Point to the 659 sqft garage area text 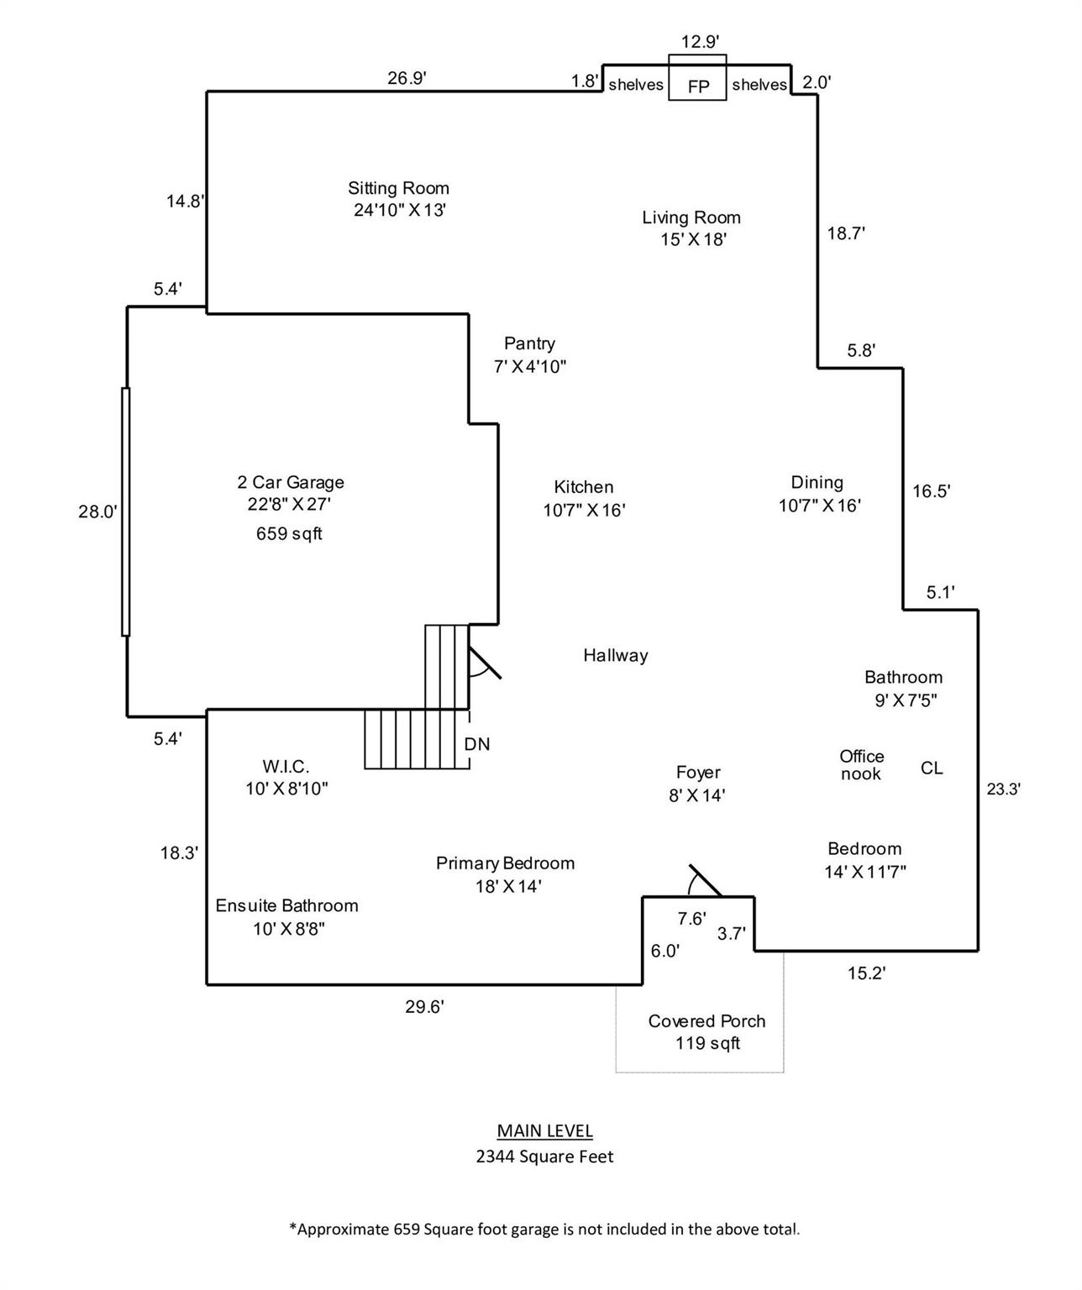pyautogui.click(x=289, y=533)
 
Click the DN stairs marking pyautogui.click(x=477, y=744)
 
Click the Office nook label pyautogui.click(x=861, y=765)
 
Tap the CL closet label pyautogui.click(x=932, y=768)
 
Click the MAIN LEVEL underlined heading pyautogui.click(x=544, y=1130)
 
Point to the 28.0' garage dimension pyautogui.click(x=98, y=511)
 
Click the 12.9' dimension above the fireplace pyautogui.click(x=700, y=41)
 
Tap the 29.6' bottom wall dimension pyautogui.click(x=424, y=1007)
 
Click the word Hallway pyautogui.click(x=616, y=655)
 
